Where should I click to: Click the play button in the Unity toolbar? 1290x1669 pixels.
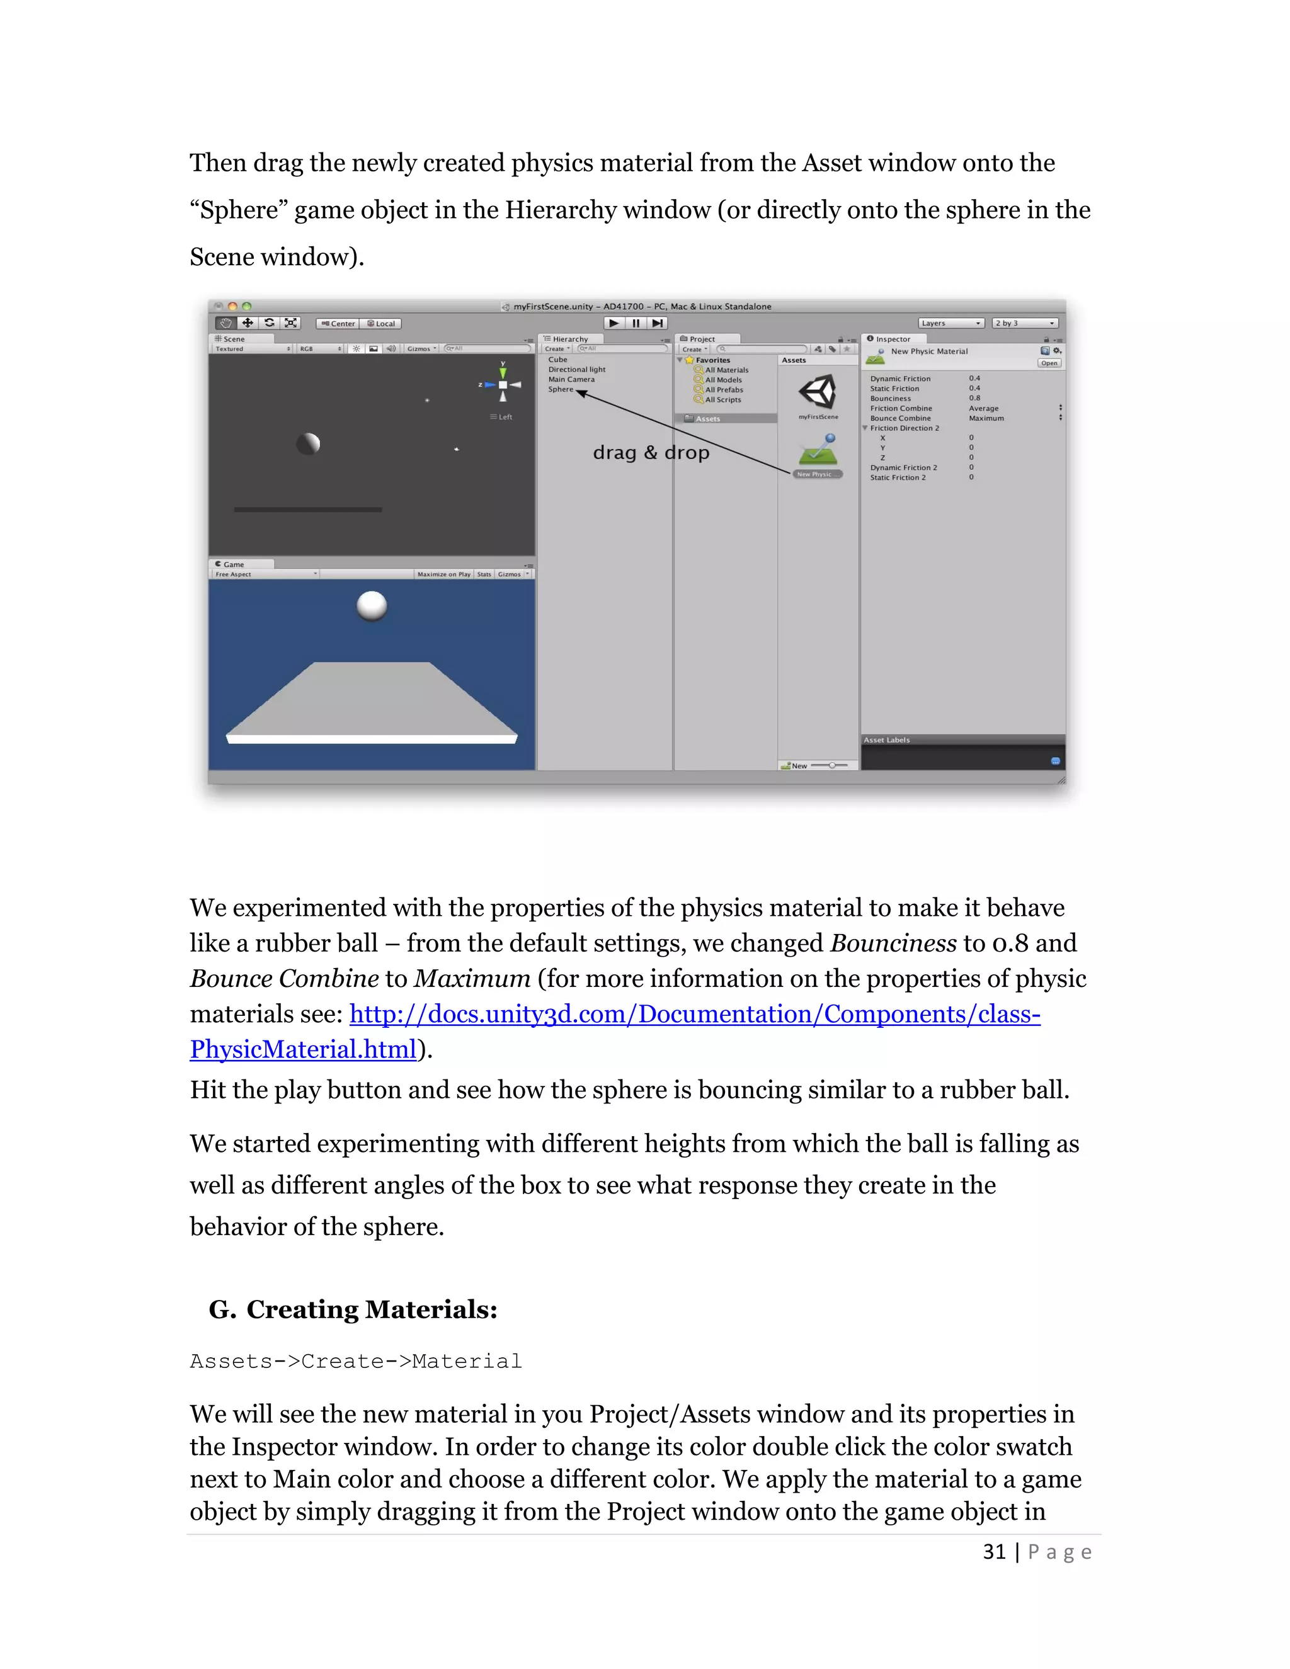[614, 323]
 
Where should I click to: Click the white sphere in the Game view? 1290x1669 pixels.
[372, 605]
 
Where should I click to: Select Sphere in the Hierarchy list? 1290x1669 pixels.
[560, 390]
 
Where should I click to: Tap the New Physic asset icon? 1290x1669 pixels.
[818, 451]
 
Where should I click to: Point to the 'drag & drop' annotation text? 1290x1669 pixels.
[651, 452]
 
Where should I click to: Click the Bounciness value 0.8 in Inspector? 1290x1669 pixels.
[974, 398]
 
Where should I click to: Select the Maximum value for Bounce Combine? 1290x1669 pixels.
[986, 418]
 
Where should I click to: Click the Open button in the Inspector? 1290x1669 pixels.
[1049, 363]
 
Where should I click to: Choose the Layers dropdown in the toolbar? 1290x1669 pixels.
[950, 323]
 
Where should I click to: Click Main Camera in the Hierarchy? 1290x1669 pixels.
[571, 380]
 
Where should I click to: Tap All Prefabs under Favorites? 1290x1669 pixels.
[723, 390]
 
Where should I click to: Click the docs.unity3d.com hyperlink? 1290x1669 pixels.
[694, 1014]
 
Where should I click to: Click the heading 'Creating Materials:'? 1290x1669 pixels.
[372, 1310]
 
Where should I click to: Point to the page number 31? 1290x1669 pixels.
[993, 1551]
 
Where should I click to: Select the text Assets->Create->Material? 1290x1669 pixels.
[355, 1361]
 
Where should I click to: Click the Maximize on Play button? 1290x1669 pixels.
[443, 574]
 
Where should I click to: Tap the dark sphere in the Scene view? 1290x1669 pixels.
[308, 443]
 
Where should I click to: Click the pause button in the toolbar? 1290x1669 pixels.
[636, 323]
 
